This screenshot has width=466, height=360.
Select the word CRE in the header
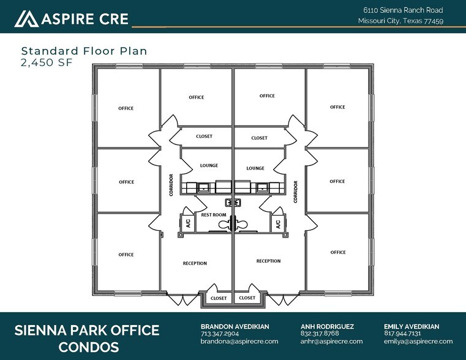(114, 19)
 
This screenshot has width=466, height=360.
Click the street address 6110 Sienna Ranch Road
(403, 10)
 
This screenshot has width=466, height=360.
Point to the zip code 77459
(434, 21)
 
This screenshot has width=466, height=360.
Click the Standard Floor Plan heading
(84, 51)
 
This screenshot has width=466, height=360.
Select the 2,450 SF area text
(47, 62)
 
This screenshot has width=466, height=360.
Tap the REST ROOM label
(214, 215)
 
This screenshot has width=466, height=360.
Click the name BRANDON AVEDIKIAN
(235, 326)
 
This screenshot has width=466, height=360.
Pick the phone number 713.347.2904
(220, 334)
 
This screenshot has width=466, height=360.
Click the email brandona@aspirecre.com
(239, 341)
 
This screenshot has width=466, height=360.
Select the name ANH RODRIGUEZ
(327, 326)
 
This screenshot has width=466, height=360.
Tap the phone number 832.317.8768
(320, 334)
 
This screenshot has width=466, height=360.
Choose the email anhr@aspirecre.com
(331, 341)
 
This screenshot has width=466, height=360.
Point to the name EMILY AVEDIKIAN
(412, 326)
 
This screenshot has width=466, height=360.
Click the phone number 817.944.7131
(402, 334)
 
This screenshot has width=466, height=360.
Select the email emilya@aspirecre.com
(418, 341)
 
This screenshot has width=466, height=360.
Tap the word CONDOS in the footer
(89, 347)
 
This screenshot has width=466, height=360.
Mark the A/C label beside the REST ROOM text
(188, 223)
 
